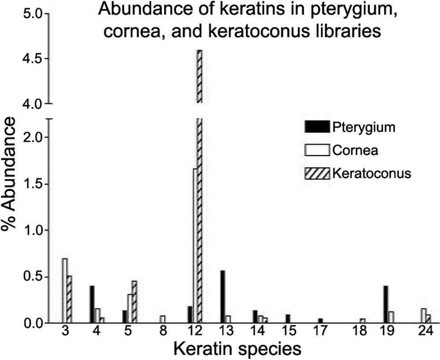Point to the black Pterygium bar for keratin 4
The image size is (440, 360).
(x=92, y=305)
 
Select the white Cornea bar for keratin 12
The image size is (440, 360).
(x=195, y=246)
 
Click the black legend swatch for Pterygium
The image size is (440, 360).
(x=316, y=127)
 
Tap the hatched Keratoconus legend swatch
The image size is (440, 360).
(x=316, y=173)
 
